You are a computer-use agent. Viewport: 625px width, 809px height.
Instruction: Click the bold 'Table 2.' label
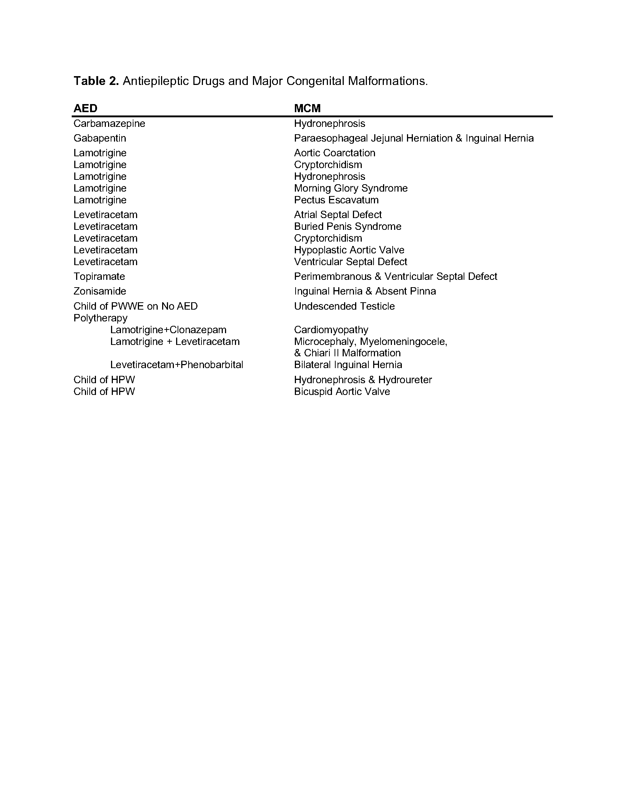pos(96,81)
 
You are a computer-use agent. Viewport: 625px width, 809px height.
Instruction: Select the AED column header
pos(85,108)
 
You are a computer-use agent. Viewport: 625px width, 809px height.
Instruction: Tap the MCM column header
pos(307,108)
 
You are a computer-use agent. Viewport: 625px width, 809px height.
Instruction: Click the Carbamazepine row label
pos(109,123)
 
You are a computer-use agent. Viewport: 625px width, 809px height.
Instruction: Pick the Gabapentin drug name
pos(100,138)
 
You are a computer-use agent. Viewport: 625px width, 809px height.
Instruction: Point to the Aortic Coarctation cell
pos(334,153)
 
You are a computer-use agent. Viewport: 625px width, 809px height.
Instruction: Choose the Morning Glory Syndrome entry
pos(350,188)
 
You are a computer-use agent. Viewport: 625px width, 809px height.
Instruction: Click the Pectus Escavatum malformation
pos(336,200)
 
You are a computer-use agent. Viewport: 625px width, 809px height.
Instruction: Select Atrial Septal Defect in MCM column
pos(337,214)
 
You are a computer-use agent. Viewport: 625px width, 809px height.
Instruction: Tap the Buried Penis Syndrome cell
pos(347,226)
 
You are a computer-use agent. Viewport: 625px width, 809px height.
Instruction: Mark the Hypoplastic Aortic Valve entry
pos(349,250)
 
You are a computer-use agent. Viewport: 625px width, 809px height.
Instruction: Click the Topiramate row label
pos(99,276)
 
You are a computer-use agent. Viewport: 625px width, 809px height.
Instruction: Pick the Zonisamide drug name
pos(100,291)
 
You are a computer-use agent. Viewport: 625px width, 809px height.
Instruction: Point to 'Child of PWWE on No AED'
pos(136,306)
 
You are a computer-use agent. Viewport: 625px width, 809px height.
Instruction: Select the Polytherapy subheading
pos(100,318)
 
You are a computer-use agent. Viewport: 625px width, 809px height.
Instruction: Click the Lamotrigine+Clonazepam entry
pos(168,330)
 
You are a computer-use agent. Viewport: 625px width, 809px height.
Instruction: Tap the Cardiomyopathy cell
pos(331,330)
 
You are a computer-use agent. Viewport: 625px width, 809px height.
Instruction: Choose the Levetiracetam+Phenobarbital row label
pos(176,365)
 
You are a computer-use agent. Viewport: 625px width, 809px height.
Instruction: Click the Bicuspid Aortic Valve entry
pos(342,392)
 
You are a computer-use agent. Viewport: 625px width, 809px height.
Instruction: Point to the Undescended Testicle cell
pos(344,306)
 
